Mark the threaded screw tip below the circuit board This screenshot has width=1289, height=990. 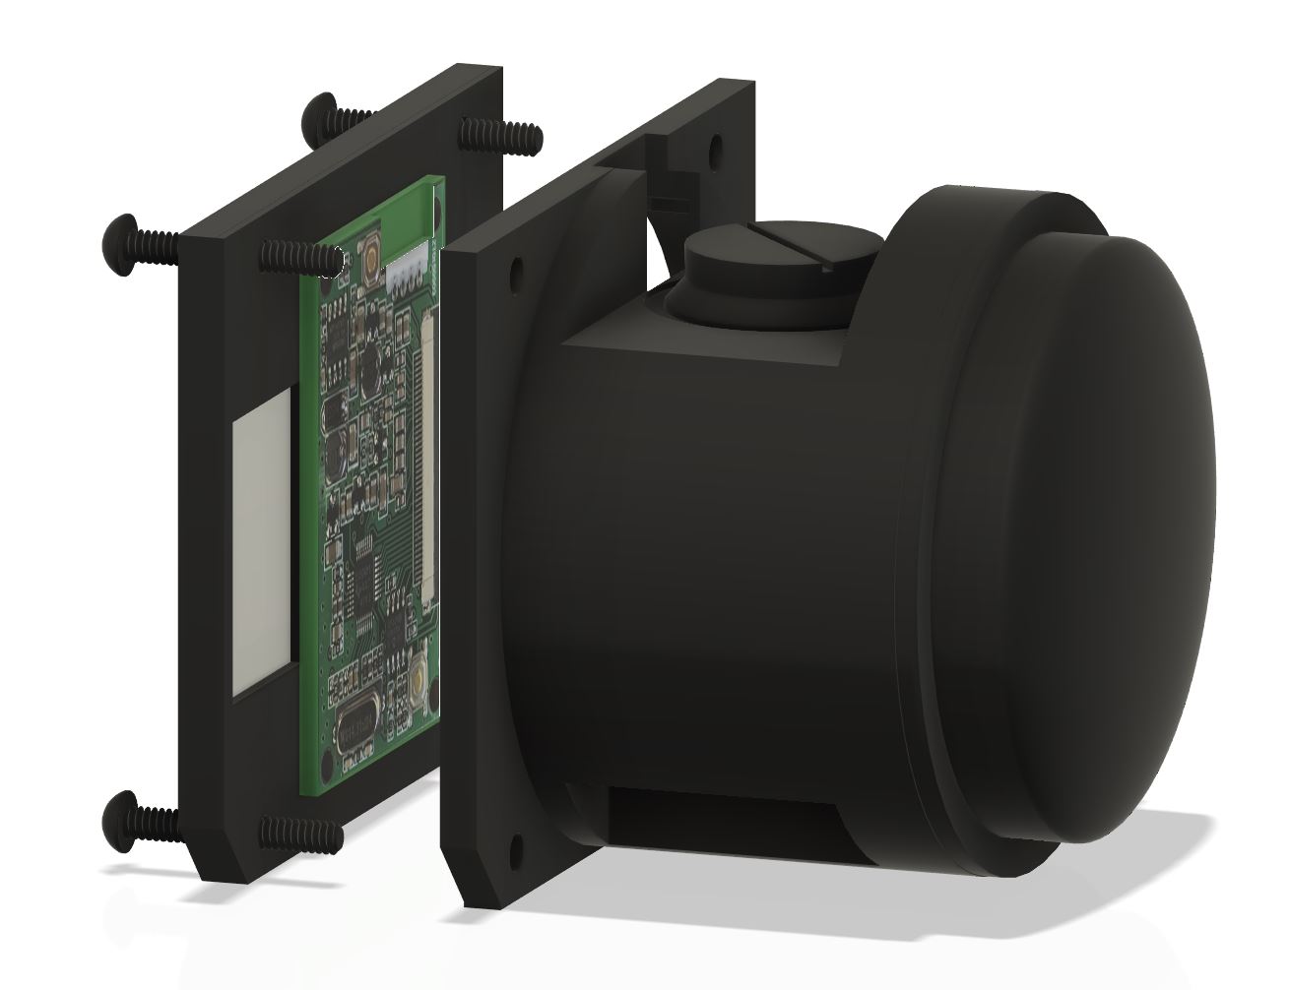click(x=300, y=832)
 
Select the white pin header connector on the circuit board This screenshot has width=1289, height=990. click(x=407, y=277)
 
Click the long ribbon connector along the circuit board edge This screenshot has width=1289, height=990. click(x=429, y=463)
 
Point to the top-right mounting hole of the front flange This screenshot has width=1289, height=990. click(x=715, y=147)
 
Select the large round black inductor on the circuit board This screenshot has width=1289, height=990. click(x=371, y=368)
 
